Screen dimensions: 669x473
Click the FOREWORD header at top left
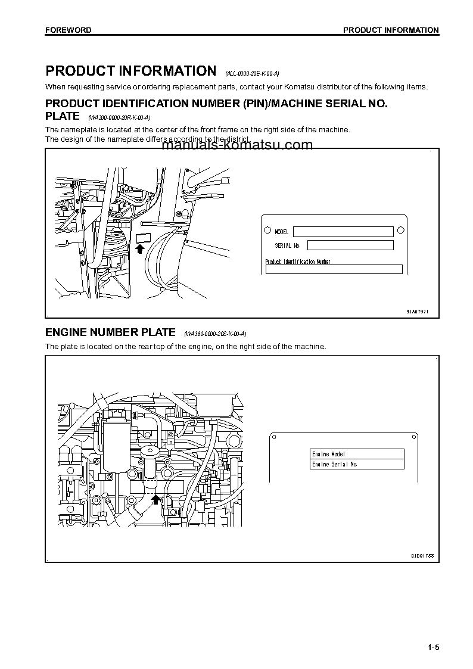tap(69, 30)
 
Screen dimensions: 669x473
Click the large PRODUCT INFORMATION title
tap(131, 71)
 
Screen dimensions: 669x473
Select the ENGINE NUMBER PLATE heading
tap(111, 332)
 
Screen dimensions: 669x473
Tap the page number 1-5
tap(432, 648)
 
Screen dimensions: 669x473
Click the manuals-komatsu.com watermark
tap(236, 145)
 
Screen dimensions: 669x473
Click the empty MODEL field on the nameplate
tap(343, 232)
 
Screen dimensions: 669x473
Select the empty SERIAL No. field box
tap(350, 245)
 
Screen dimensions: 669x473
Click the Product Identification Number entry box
tap(334, 269)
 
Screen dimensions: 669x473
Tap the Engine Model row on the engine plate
tap(357, 454)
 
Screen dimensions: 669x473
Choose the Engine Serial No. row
tap(357, 464)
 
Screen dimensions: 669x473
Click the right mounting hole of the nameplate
tap(401, 231)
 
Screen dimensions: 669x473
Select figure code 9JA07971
tap(417, 311)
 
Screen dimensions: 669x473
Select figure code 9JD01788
tap(422, 555)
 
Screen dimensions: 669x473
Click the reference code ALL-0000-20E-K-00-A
tap(252, 73)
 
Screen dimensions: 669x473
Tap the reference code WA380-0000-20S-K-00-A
tap(215, 334)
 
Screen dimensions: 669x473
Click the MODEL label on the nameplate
tap(281, 232)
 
